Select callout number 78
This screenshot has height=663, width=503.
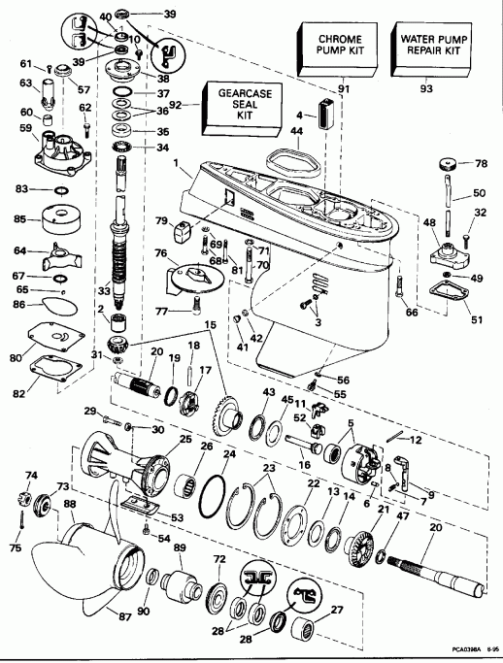tap(482, 163)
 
